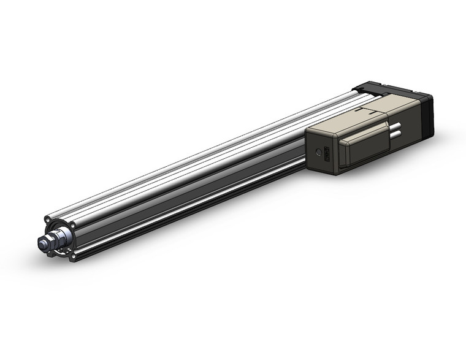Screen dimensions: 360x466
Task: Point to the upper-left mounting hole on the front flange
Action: (48, 218)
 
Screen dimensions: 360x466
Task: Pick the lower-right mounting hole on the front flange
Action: (72, 257)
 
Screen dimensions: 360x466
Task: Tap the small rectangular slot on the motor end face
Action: (327, 155)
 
